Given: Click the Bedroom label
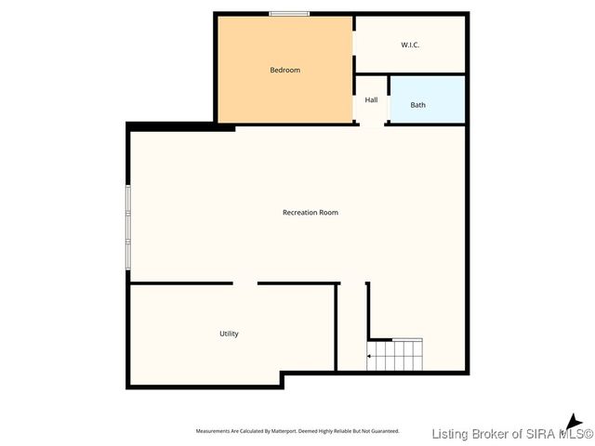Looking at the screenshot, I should point(284,70).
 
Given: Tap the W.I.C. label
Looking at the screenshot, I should point(411,45).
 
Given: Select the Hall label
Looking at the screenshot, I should point(371,99).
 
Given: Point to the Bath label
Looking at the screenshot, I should point(417,105).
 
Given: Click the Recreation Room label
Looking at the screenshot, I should point(311,213).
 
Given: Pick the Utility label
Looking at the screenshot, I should point(229,334).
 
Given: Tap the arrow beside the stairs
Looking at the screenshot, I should point(370,355).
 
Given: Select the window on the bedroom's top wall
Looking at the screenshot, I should point(288,13).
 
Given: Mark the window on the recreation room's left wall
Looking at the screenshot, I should point(128,228).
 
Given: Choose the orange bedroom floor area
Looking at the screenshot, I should point(270,93).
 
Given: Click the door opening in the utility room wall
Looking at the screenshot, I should point(245,282).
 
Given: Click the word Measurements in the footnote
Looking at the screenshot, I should point(212,431).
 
